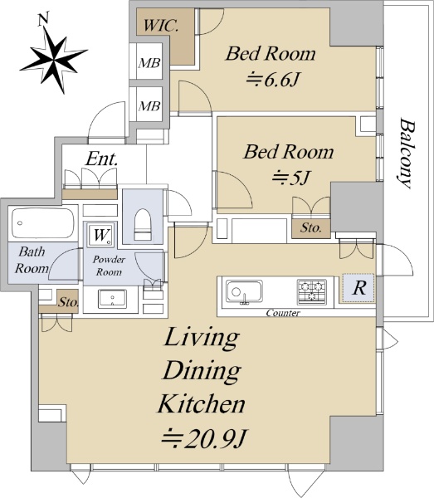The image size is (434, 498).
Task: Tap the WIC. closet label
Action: (161, 26)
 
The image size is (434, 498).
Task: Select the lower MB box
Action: (149, 105)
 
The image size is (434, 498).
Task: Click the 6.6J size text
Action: (273, 80)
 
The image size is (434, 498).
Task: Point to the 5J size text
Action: (290, 178)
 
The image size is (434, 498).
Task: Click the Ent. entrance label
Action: (101, 159)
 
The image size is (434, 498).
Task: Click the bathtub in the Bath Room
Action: (43, 223)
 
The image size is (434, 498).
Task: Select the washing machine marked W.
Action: (100, 235)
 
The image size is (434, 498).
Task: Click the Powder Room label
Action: (109, 266)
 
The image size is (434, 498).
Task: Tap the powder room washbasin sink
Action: (112, 299)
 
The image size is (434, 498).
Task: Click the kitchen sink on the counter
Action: (244, 291)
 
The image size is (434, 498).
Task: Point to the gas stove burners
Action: (311, 290)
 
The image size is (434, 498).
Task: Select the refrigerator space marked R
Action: (358, 288)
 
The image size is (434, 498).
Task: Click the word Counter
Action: (283, 313)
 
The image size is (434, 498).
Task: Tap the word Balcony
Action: (406, 154)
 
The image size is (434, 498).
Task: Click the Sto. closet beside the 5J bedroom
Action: (311, 227)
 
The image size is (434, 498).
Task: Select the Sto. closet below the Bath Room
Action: (67, 302)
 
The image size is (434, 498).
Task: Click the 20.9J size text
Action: (204, 439)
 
